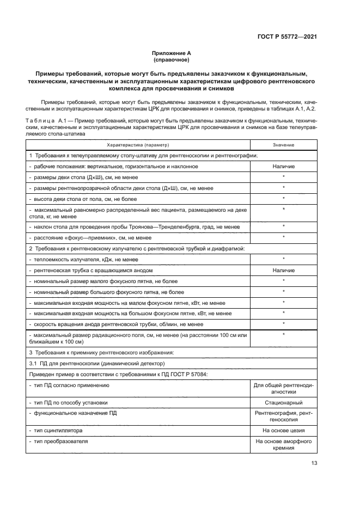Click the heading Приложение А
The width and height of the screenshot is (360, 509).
(172, 53)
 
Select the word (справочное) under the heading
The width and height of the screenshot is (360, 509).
(172, 59)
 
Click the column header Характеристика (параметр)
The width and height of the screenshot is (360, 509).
(138, 145)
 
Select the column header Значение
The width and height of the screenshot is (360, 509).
(283, 145)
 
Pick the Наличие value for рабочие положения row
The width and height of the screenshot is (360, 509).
(283, 166)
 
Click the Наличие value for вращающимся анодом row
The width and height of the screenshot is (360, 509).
(283, 270)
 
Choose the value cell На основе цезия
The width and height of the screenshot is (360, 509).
(283, 430)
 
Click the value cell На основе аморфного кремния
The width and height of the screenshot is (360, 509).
(283, 445)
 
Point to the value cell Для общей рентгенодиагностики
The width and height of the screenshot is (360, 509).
(283, 388)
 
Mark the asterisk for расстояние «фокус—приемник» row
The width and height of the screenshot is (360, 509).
(283, 237)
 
